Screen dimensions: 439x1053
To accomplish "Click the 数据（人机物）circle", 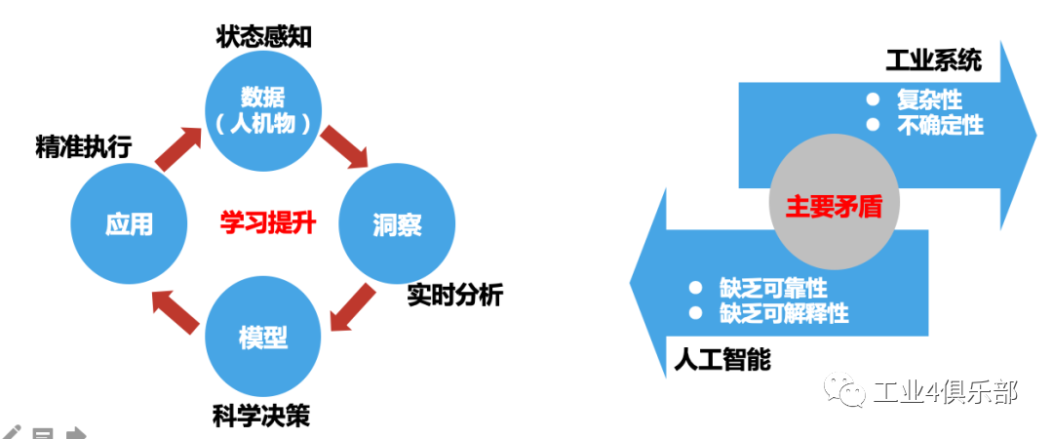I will pos(262,108).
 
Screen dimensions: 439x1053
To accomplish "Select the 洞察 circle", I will pos(396,223).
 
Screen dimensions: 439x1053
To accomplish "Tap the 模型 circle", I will pos(262,337).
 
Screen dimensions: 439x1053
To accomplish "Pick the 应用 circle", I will pos(130,223).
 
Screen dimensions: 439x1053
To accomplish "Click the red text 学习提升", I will pos(267,223).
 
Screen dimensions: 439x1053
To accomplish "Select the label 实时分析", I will pos(454,295).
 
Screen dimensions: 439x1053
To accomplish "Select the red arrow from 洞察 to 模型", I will pos(352,307).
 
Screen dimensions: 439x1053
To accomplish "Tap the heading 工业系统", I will pos(933,62).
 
